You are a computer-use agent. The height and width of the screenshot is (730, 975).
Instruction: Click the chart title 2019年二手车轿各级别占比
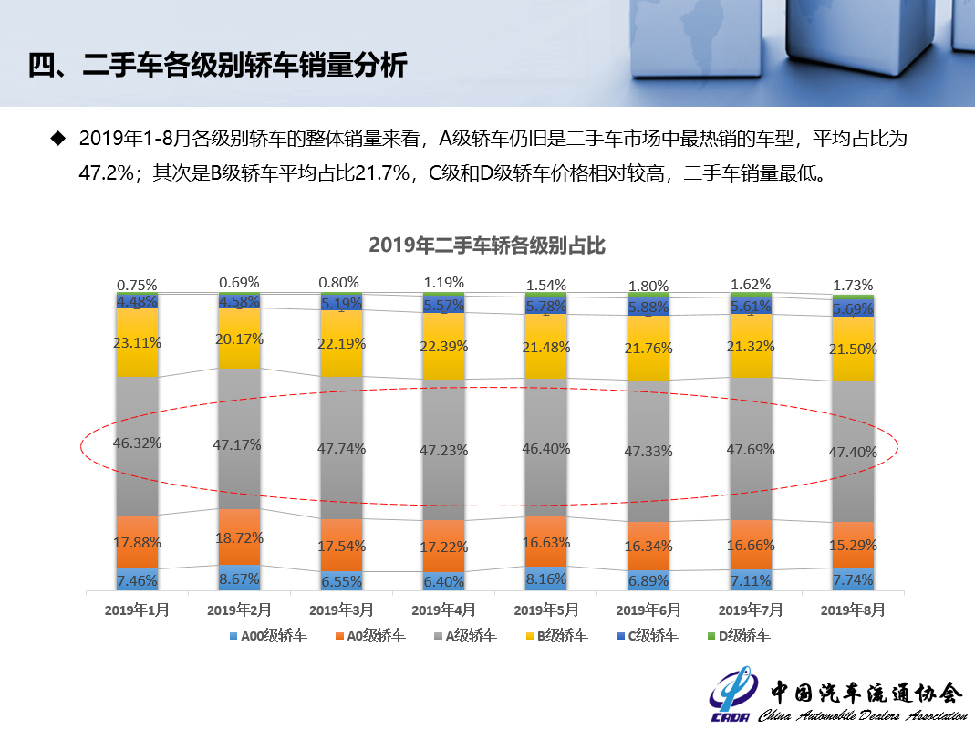point(487,245)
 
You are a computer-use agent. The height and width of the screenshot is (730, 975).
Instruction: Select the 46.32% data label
point(137,443)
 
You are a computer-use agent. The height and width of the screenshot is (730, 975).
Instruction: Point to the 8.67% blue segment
point(239,578)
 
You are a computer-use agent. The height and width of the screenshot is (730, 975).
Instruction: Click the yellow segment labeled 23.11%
point(137,343)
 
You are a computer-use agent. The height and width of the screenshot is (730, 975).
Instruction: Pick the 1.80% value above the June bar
point(648,286)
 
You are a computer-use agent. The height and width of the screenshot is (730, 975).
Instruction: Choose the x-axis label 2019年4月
point(443,609)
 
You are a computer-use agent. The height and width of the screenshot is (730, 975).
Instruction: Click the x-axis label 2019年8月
point(852,609)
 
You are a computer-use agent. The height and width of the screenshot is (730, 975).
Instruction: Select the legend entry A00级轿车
point(267,636)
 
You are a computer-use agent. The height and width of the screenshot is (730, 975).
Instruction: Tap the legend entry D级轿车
point(738,636)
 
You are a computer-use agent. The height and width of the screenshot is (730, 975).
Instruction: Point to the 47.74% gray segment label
point(341,448)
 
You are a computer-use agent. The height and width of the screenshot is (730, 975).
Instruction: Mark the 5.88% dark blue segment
point(648,308)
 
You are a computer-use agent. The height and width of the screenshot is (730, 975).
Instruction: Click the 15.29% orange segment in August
point(853,546)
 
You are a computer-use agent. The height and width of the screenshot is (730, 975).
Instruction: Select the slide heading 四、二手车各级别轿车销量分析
point(217,67)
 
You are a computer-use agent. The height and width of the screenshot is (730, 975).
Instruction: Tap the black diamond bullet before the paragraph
point(58,139)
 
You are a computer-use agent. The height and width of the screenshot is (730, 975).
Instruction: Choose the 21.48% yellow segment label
point(545,347)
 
